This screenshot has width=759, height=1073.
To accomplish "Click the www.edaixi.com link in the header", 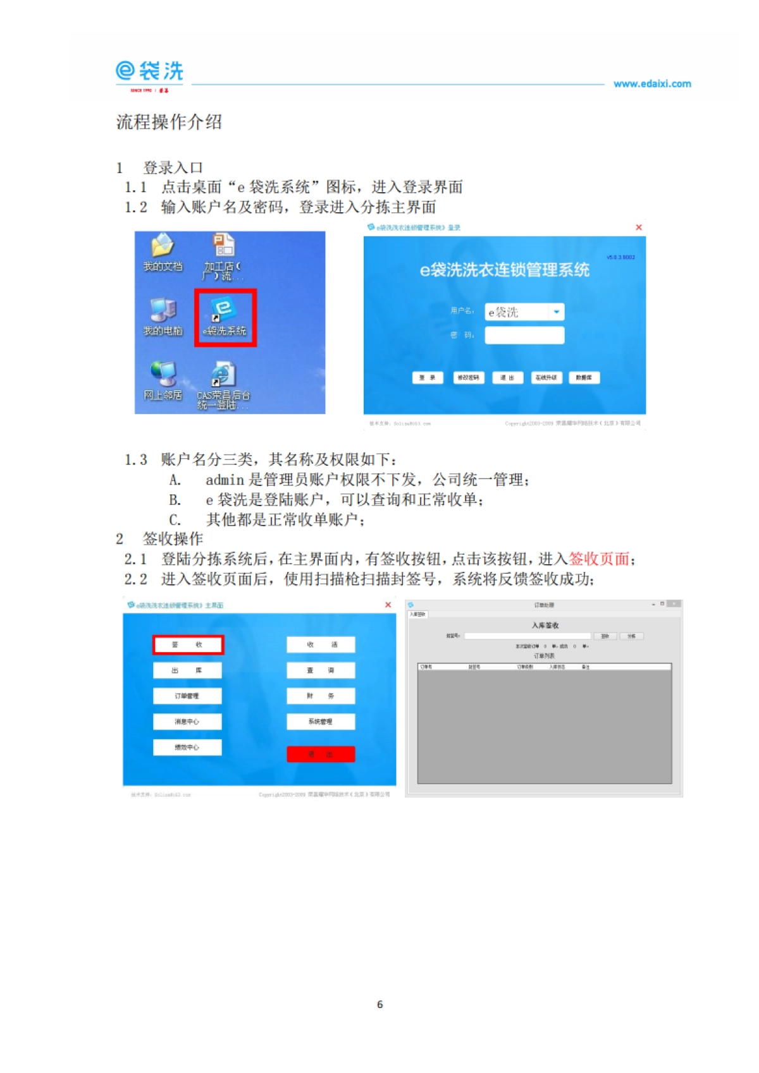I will pos(652,83).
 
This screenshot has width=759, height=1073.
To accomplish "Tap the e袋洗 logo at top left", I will pos(150,73).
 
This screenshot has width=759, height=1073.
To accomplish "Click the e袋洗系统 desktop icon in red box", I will pos(225,317).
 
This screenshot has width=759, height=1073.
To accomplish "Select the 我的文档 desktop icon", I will pos(163,252).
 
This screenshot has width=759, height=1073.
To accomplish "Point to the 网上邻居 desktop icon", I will pos(163,382).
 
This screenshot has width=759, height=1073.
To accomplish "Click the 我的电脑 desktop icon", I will pos(163,317).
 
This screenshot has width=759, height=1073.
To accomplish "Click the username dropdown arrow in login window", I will pos(556,312).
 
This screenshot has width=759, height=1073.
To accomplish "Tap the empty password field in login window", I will pos(524,335).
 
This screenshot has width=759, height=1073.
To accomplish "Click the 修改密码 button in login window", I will pos(468,377).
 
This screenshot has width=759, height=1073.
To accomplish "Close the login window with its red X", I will pos(639,227).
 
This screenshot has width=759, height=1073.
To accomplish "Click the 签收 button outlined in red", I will pos(188,645).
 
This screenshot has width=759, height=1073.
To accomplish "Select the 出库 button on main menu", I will pos(187,670).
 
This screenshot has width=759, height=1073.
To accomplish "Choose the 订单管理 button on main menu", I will pos(187,696).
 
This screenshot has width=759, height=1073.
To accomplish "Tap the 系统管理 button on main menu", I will pos(321,722).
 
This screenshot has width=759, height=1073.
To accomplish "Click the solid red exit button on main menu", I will pos(321,754).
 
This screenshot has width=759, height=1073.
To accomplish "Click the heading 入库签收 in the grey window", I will pos(545,625).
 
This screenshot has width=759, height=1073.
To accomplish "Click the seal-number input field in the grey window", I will pos(527,636).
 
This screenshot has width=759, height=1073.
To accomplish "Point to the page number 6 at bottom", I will pos(379,1004).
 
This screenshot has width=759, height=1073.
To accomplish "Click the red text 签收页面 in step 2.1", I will pos(599,559).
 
